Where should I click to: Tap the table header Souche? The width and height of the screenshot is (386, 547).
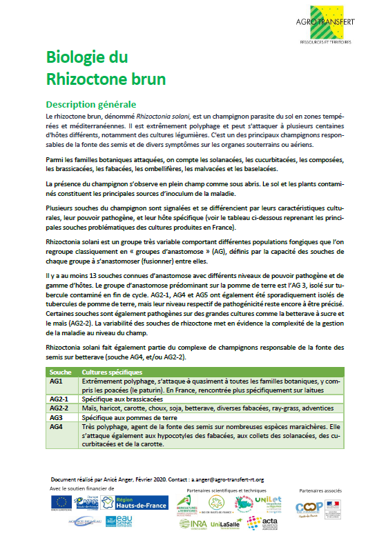57,372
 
